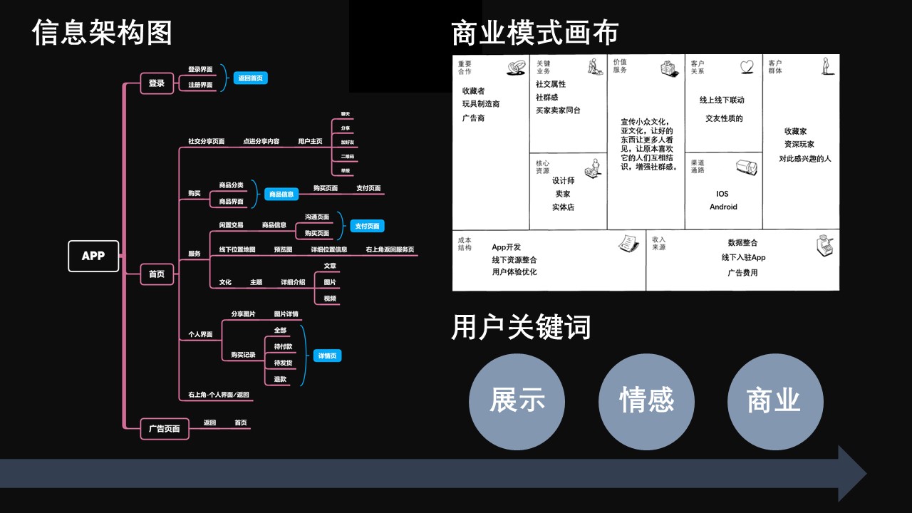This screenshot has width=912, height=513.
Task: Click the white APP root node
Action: click(93, 256)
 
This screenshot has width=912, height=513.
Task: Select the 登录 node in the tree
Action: click(157, 83)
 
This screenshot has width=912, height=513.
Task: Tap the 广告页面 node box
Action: click(165, 429)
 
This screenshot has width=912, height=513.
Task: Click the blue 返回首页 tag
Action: click(251, 78)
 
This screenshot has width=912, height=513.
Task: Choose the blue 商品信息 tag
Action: click(281, 194)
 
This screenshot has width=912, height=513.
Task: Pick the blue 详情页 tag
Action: click(328, 356)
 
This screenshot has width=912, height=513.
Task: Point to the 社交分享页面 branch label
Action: click(206, 141)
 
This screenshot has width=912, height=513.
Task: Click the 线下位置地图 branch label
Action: click(237, 249)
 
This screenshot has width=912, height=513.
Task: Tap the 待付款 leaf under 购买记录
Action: click(283, 346)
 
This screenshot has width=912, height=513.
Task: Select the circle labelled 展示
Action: click(517, 401)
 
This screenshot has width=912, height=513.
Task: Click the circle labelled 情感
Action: click(646, 401)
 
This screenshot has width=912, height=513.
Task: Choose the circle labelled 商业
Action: click(774, 401)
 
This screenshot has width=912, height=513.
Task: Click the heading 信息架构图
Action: click(103, 33)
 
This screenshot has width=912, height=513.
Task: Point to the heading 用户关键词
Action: click(522, 327)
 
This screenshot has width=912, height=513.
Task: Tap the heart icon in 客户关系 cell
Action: click(746, 66)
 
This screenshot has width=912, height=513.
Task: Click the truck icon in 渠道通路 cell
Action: click(745, 168)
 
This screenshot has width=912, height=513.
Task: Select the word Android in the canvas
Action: click(723, 207)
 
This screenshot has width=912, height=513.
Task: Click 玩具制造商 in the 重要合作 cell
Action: click(481, 104)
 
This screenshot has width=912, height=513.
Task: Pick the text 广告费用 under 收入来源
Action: click(742, 273)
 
